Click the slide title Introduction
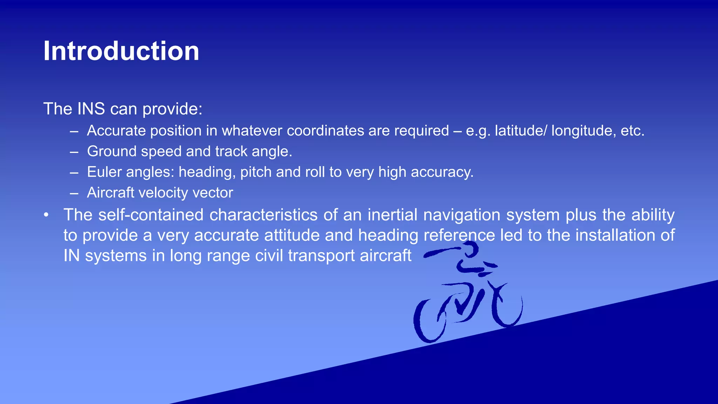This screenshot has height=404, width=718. (121, 51)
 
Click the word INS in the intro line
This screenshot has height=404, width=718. (91, 109)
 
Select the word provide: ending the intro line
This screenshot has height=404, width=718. (172, 109)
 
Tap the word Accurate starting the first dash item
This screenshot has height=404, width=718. (116, 131)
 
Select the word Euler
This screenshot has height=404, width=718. (104, 172)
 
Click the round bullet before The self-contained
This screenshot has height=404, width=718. (46, 215)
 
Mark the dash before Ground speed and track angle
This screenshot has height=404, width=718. (74, 152)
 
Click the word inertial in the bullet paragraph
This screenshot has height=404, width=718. (392, 215)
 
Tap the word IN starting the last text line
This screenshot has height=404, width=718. (72, 256)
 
